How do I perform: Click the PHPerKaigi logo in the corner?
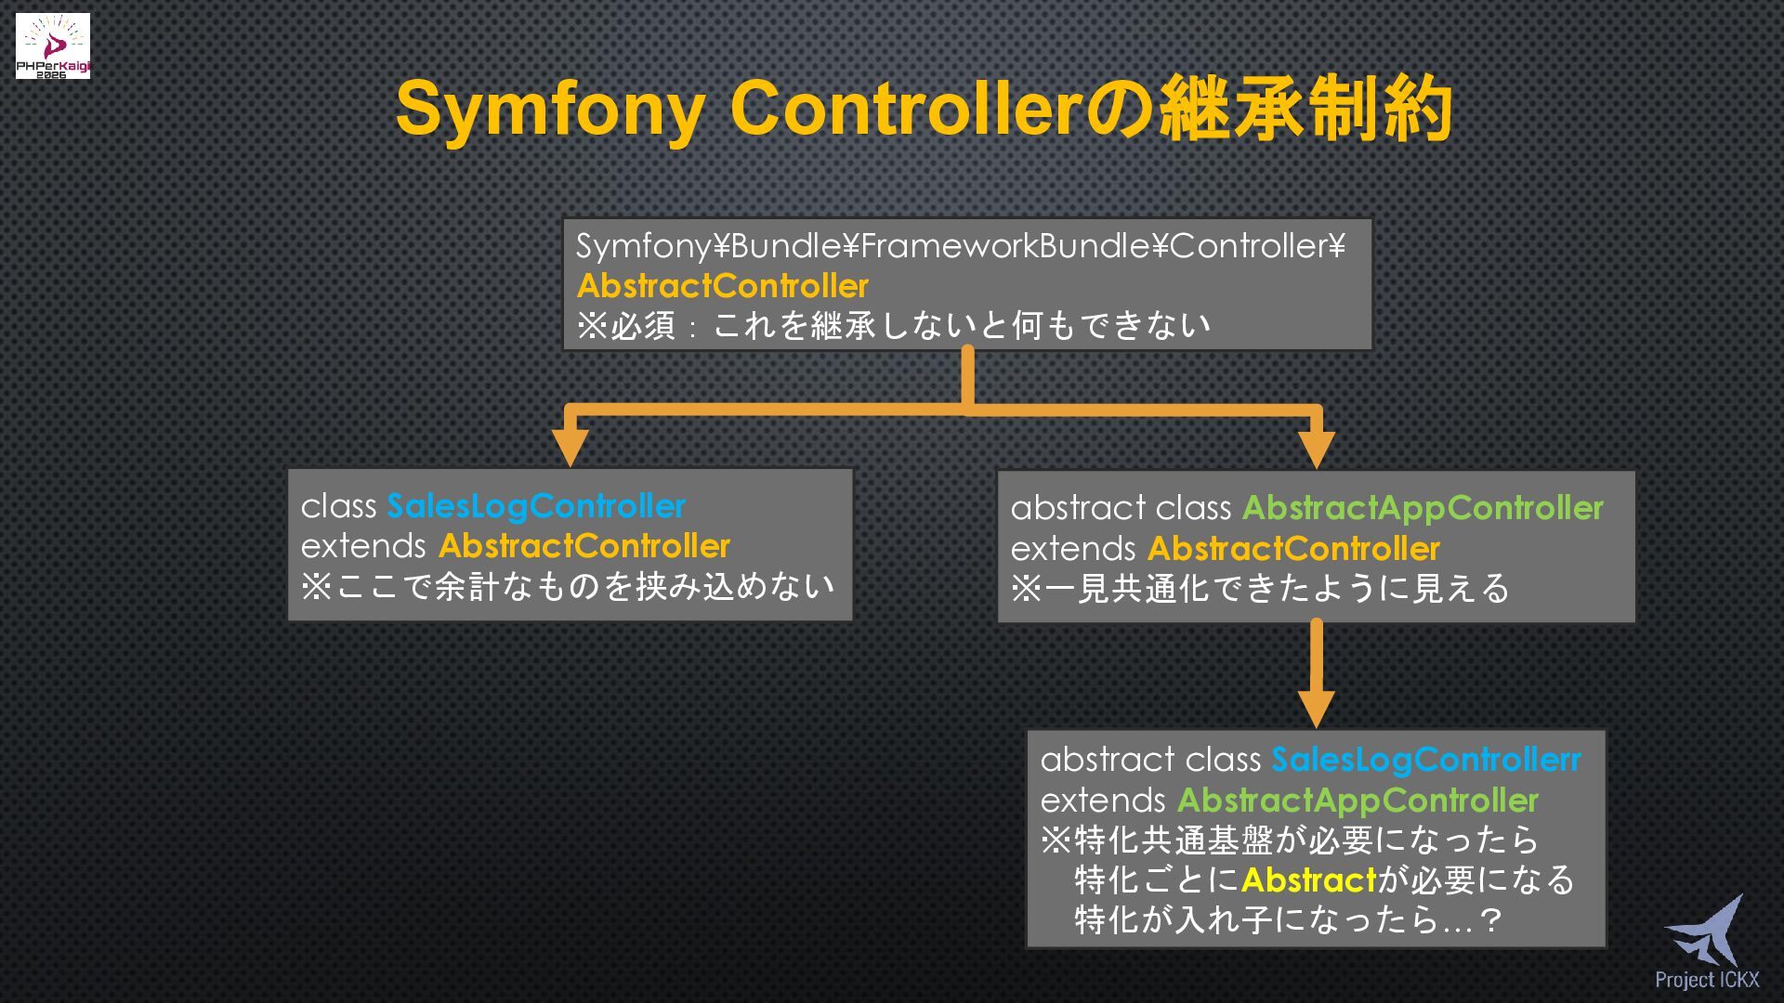pos(53,46)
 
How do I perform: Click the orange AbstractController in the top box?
pos(722,285)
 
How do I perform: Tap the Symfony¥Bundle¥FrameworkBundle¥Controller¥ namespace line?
pos(960,245)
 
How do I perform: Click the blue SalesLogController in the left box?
pos(536,506)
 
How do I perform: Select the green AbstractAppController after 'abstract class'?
pos(1423,508)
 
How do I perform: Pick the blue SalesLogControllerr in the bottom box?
pos(1425,760)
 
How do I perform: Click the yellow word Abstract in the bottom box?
pos(1307,879)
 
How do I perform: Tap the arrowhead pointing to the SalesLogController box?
pos(570,447)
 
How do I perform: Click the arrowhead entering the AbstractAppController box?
pos(1316,449)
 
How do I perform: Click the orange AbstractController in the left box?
pos(584,546)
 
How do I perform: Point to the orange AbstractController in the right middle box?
pos(1293,549)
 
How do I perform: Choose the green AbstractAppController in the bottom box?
pos(1358,801)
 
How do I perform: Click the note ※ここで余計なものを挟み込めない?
pos(568,587)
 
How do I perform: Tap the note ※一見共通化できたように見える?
pos(1260,589)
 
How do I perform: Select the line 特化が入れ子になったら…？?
pos(1288,920)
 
